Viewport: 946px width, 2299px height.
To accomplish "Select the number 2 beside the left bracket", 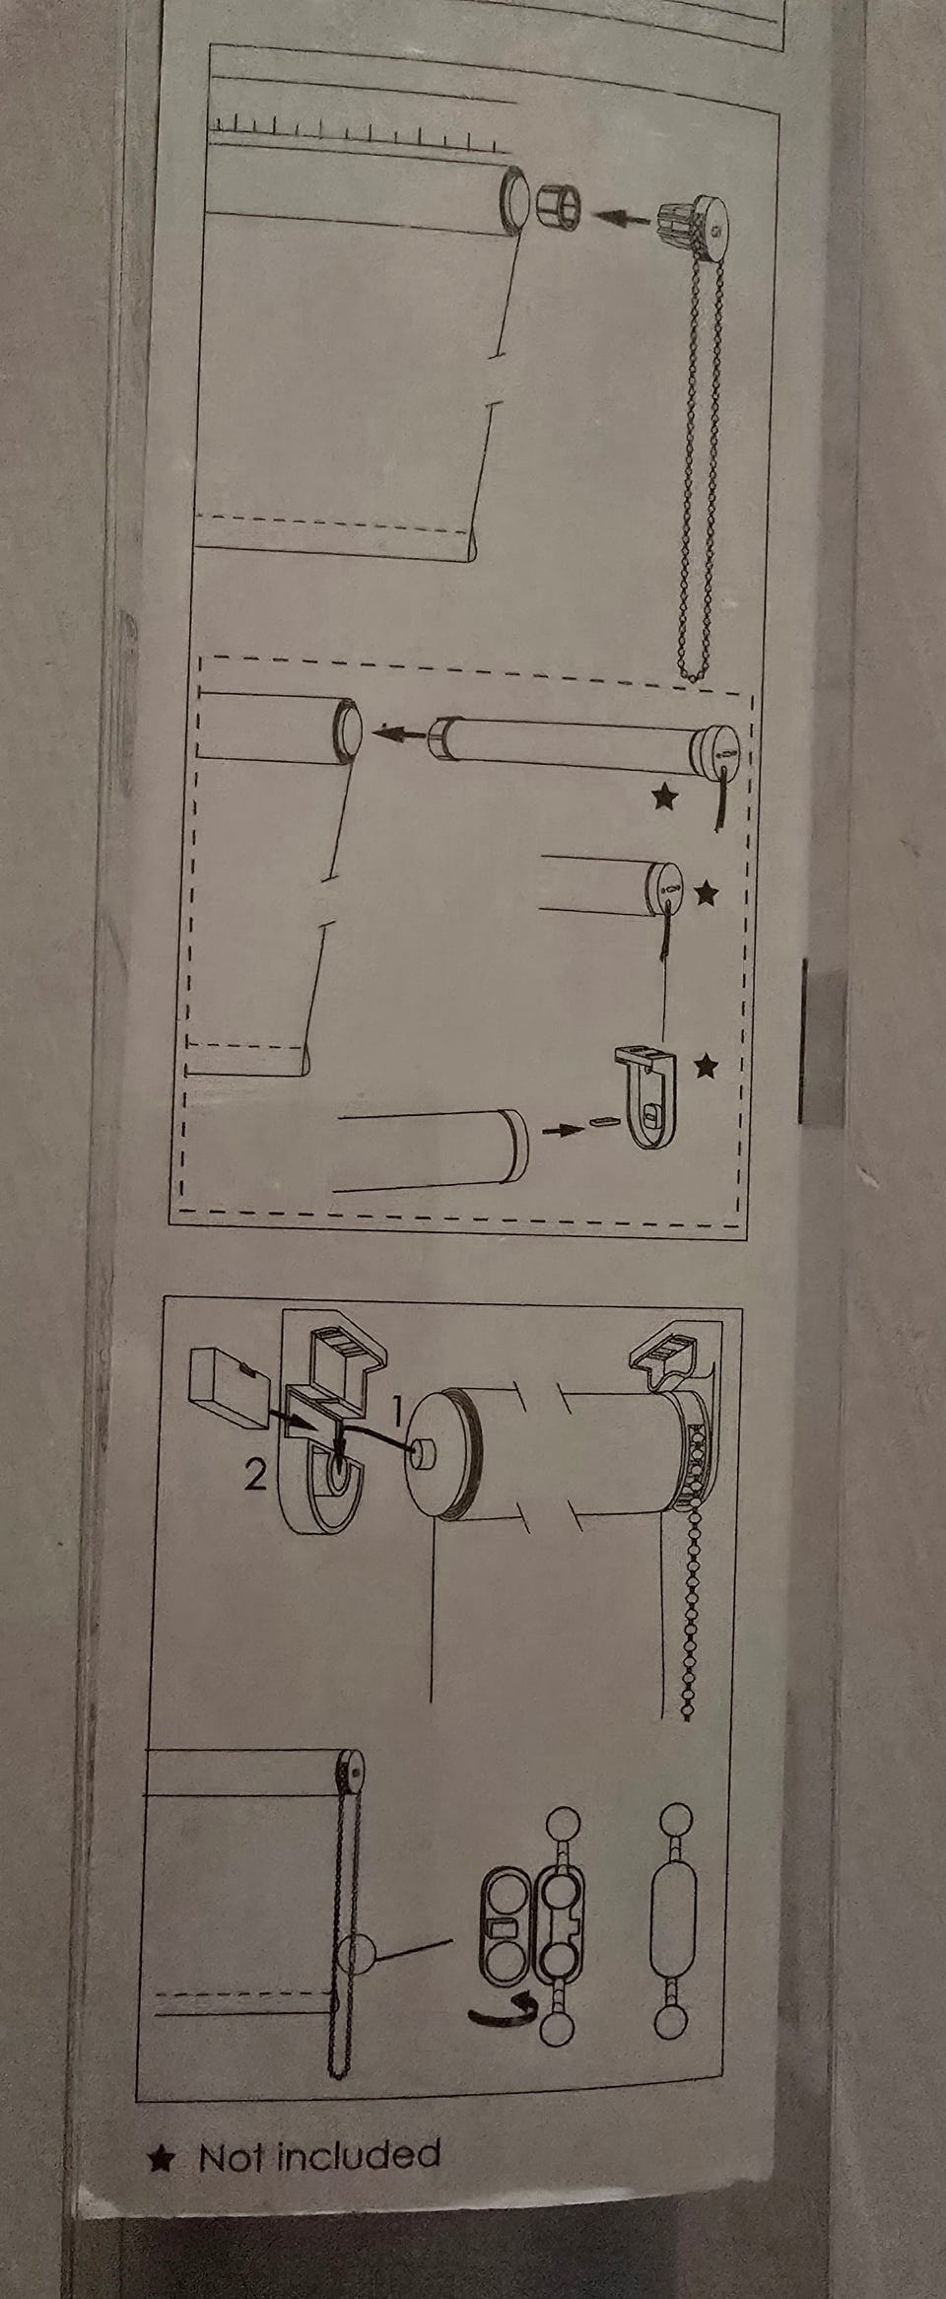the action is (x=255, y=1475).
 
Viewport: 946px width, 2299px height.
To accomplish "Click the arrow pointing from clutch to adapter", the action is (x=624, y=216).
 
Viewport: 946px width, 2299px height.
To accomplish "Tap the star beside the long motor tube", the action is (x=666, y=796).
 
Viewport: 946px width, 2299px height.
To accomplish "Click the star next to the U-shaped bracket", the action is (x=707, y=1066).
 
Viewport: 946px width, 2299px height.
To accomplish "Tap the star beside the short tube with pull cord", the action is (x=706, y=894).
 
